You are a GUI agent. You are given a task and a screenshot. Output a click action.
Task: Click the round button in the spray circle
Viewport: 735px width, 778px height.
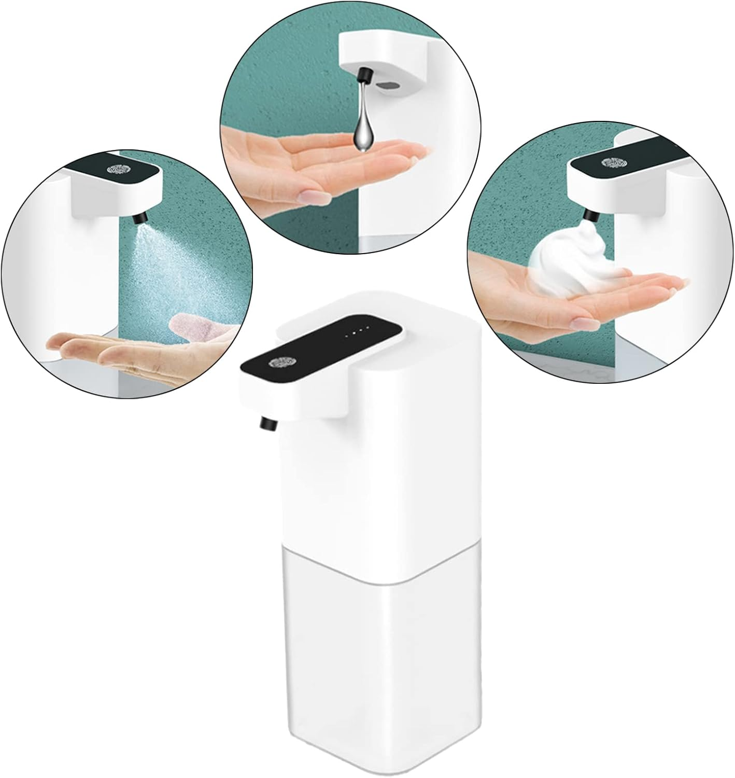click(x=117, y=170)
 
